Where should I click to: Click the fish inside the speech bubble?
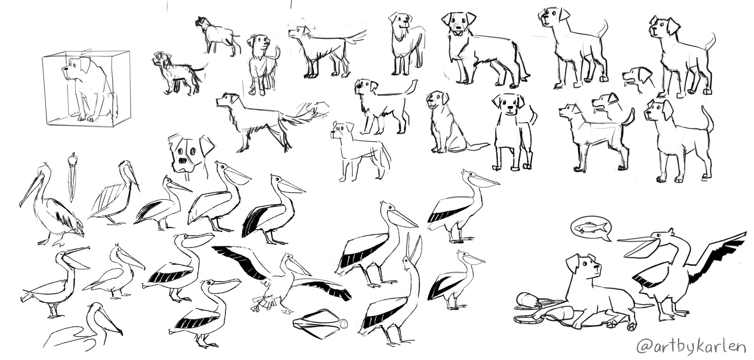point(590,228)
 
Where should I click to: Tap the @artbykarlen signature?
point(691,347)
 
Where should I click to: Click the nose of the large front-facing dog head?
point(183,161)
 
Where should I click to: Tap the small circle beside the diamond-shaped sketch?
point(343,324)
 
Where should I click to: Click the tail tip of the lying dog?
point(651,305)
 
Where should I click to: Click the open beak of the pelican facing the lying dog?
point(637,243)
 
